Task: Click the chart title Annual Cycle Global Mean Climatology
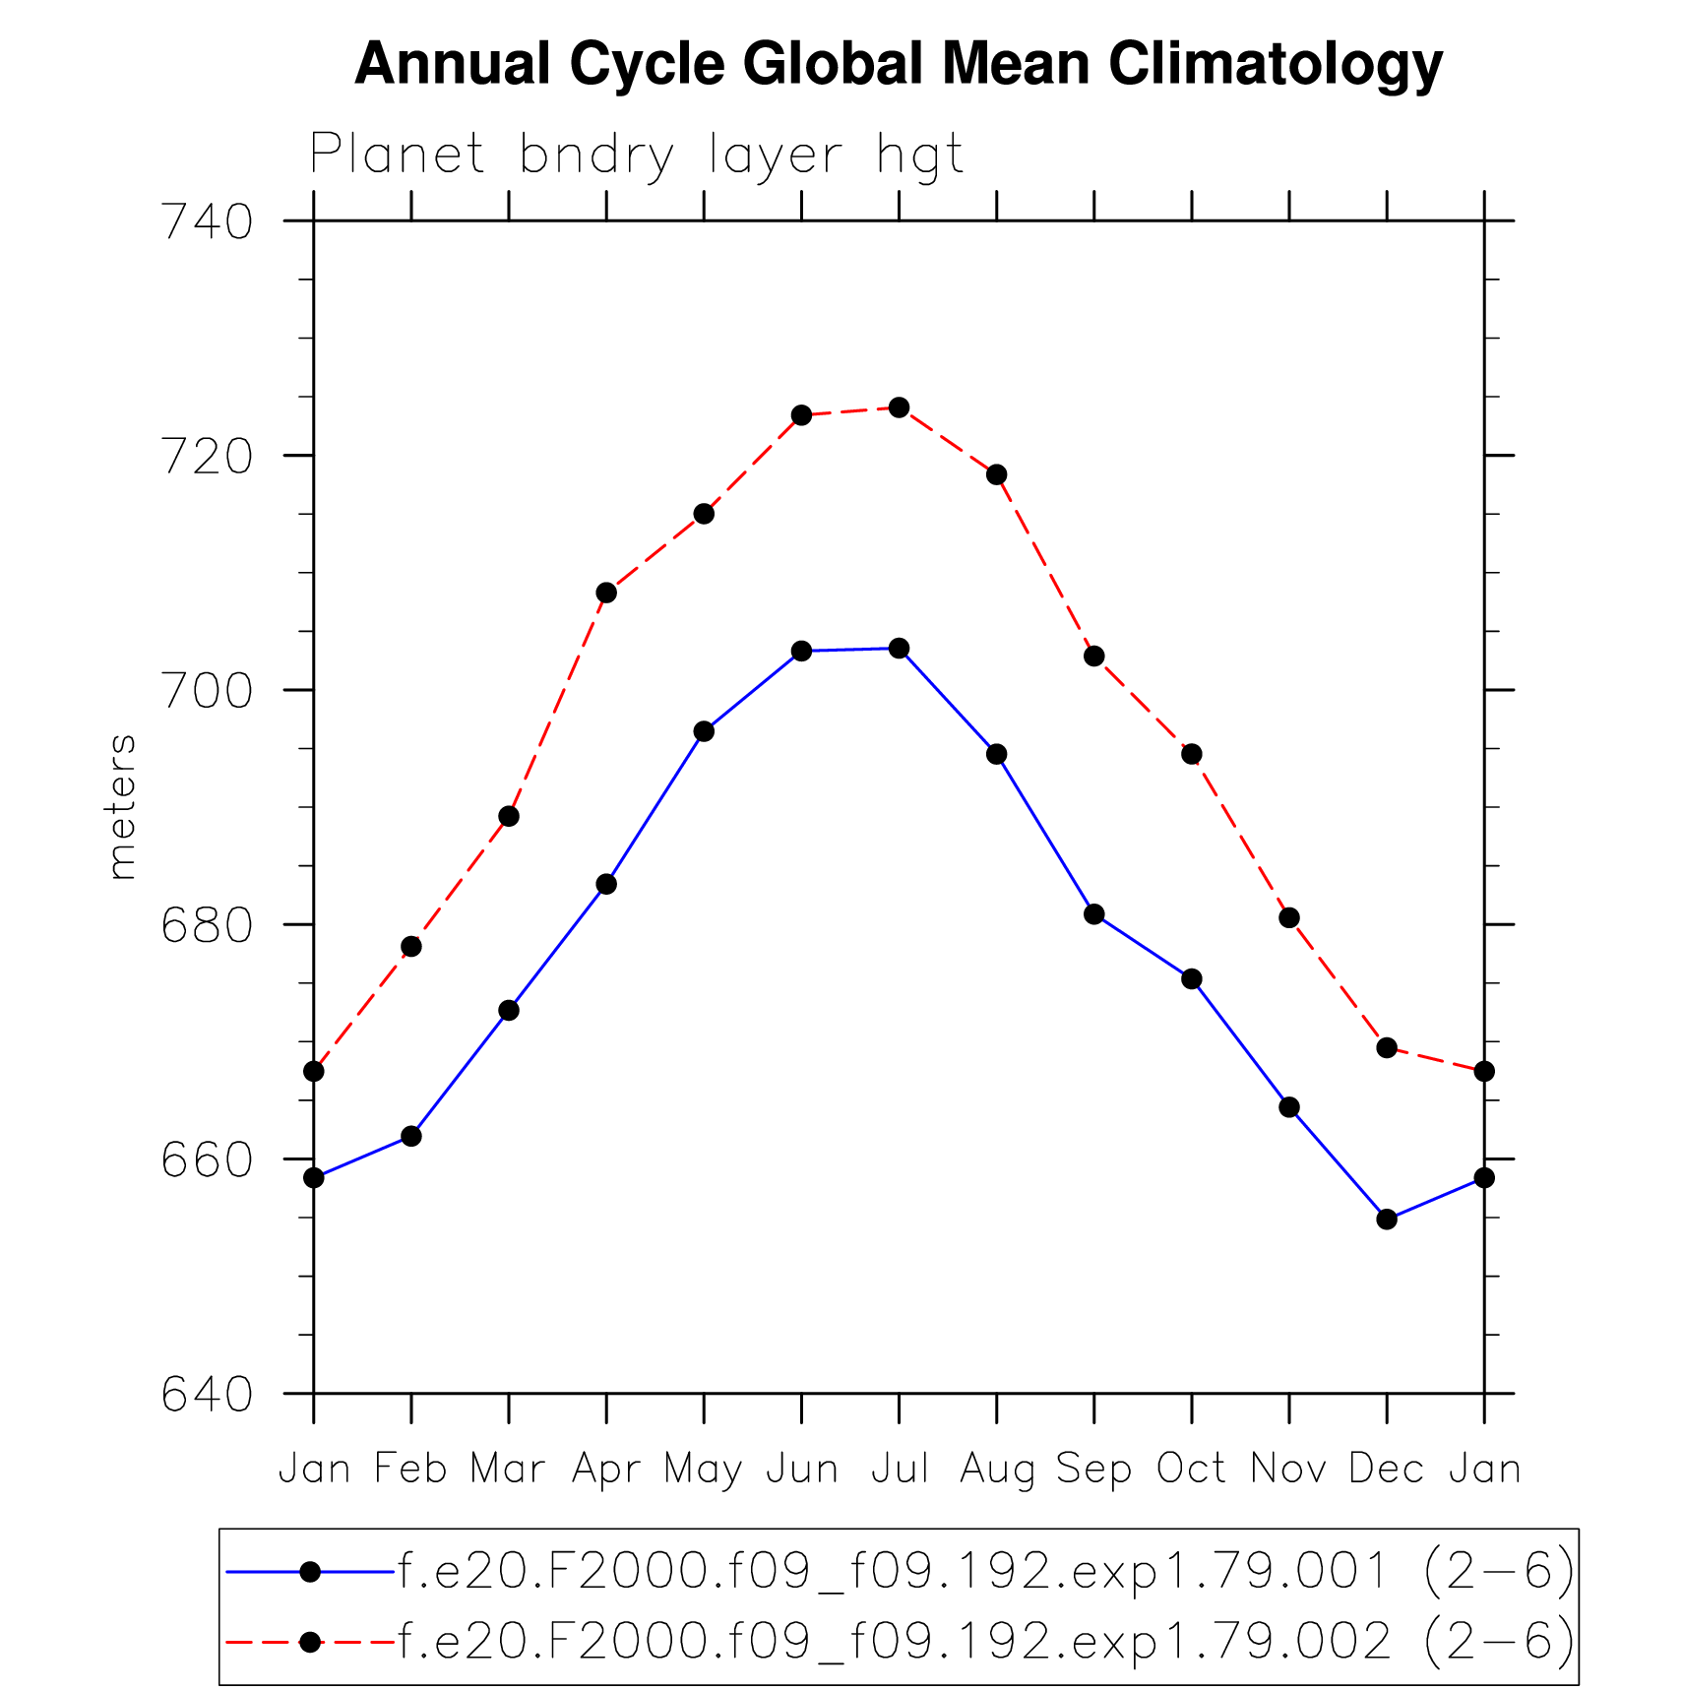pyautogui.click(x=898, y=65)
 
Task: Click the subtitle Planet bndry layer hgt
pyautogui.click(x=636, y=156)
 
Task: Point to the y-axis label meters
pyautogui.click(x=121, y=806)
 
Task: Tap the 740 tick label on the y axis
pyautogui.click(x=208, y=222)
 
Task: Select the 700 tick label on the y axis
pyautogui.click(x=208, y=691)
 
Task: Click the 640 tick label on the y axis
pyautogui.click(x=208, y=1395)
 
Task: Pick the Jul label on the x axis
pyautogui.click(x=900, y=1470)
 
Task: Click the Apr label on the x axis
pyautogui.click(x=606, y=1470)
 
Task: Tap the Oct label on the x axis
pyautogui.click(x=1192, y=1470)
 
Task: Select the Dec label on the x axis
pyautogui.click(x=1387, y=1470)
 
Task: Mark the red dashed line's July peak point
pyautogui.click(x=900, y=407)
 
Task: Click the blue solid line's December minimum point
pyautogui.click(x=1387, y=1220)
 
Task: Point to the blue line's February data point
pyautogui.click(x=411, y=1137)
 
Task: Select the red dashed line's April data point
pyautogui.click(x=606, y=593)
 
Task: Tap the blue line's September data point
pyautogui.click(x=1094, y=914)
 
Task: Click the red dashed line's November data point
pyautogui.click(x=1289, y=918)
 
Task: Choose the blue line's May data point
pyautogui.click(x=704, y=731)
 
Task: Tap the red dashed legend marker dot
pyautogui.click(x=310, y=1642)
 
